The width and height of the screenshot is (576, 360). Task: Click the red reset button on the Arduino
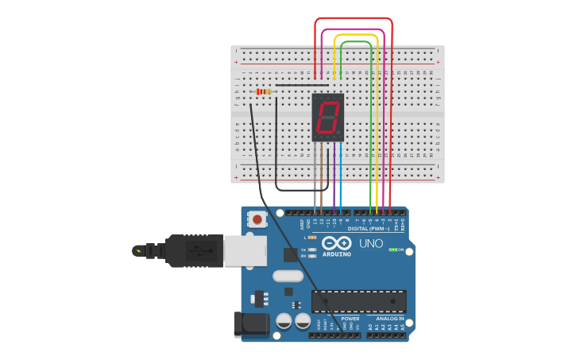coord(257,219)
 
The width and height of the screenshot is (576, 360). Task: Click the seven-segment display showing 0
coord(327,118)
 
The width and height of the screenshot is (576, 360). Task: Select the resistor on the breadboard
coord(263,91)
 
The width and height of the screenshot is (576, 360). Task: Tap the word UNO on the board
coord(371,243)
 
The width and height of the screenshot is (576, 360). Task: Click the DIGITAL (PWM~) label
coord(374,228)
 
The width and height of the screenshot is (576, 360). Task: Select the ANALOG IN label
coord(390,318)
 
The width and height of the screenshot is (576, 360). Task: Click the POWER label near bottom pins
coord(350,318)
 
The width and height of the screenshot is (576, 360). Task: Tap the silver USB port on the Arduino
coord(244,250)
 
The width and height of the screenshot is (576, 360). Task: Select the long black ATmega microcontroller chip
coord(358,301)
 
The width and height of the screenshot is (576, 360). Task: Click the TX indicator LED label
coord(303,250)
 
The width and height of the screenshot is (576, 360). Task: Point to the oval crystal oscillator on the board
coord(287,276)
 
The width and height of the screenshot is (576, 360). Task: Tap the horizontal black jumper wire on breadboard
coord(302,85)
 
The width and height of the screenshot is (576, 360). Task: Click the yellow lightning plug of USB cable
coord(140,251)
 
